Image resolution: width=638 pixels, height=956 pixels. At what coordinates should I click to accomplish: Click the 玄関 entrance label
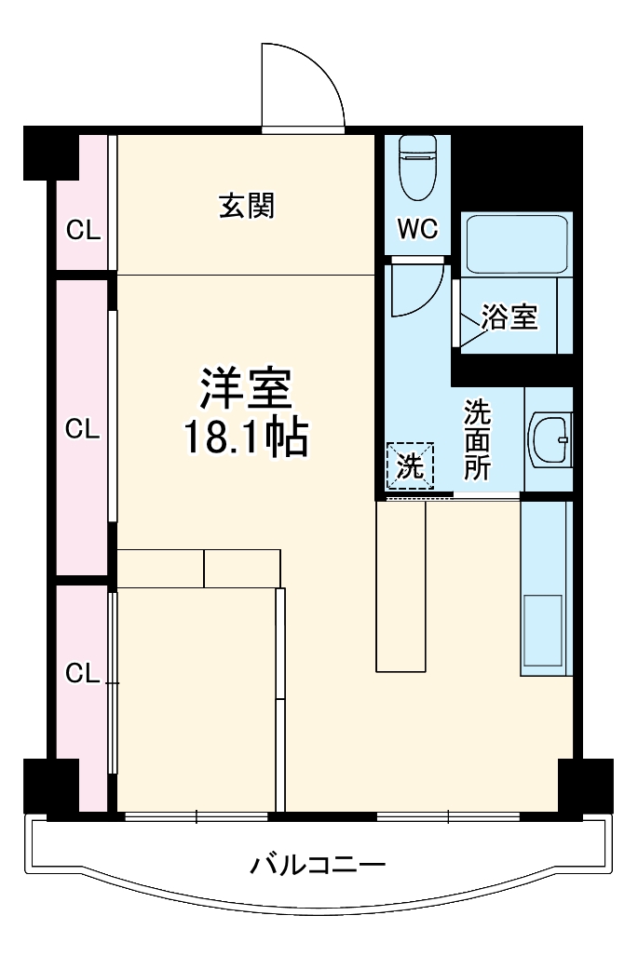click(x=247, y=207)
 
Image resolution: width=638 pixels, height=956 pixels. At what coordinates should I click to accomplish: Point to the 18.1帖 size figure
click(x=245, y=438)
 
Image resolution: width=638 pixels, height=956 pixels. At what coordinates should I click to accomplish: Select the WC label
click(x=417, y=230)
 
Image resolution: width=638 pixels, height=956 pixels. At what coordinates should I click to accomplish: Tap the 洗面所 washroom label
click(x=477, y=438)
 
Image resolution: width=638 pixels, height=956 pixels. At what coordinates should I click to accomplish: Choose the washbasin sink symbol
click(x=550, y=438)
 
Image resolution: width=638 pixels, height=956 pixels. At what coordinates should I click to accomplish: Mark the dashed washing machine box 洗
click(x=411, y=464)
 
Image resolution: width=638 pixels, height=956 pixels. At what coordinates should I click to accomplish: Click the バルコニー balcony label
click(x=317, y=867)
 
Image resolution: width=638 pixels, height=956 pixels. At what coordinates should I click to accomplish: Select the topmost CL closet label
click(x=83, y=231)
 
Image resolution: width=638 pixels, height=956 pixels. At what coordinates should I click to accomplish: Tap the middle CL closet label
click(x=83, y=429)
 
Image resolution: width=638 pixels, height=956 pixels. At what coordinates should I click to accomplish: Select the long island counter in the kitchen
click(x=400, y=586)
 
